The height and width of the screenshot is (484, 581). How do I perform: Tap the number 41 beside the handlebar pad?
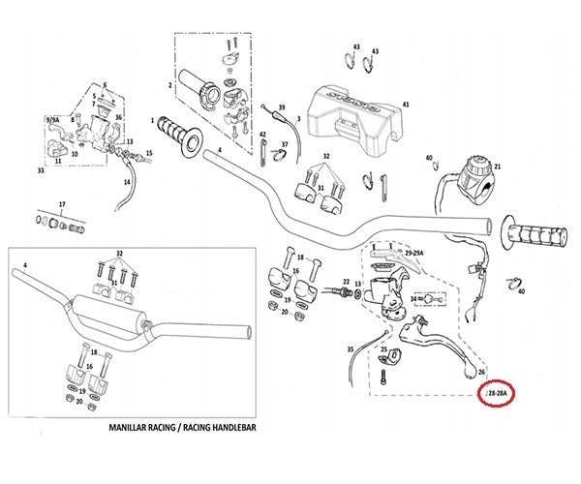tap(406, 104)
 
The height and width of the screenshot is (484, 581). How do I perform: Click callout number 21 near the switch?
tap(498, 167)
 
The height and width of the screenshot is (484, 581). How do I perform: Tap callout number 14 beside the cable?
tap(126, 182)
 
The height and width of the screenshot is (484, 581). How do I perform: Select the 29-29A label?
tap(413, 252)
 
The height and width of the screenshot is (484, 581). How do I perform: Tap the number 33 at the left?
tap(41, 170)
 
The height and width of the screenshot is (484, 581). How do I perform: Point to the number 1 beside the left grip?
tap(153, 121)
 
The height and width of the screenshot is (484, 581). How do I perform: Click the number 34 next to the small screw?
tap(413, 299)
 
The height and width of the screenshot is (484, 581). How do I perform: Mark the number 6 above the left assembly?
tap(105, 86)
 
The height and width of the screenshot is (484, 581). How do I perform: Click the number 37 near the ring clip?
tap(284, 144)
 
